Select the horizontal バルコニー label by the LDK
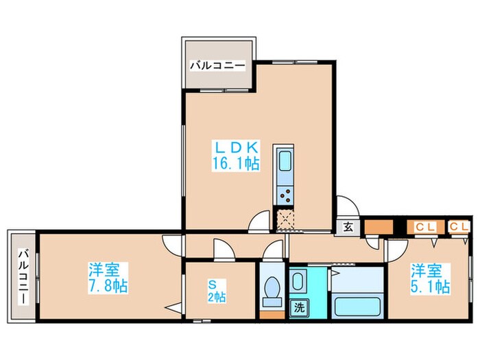(217, 67)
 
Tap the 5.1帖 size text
(431, 285)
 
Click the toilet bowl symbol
(272, 291)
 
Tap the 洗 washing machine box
(299, 309)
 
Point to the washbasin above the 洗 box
(298, 281)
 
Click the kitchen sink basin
(285, 163)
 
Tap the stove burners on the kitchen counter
(285, 194)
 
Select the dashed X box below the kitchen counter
(285, 219)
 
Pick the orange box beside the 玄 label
(376, 226)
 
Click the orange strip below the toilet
(272, 315)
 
